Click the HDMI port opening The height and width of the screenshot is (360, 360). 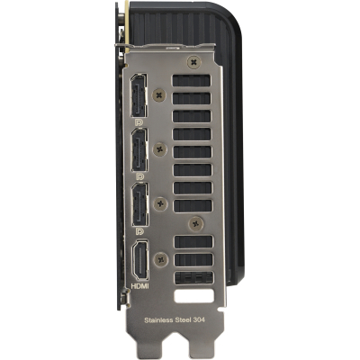pos(140,260)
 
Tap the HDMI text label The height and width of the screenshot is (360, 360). pos(139,286)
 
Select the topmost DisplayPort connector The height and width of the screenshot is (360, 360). pos(139,95)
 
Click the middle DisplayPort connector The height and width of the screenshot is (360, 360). pos(139,149)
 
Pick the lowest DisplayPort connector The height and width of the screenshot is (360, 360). pos(139,204)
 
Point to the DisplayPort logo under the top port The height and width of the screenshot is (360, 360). pos(139,121)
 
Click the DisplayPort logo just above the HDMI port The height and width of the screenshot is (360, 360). pos(139,230)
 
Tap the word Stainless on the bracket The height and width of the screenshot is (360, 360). pos(157,320)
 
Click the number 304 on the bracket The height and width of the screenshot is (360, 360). pos(199,319)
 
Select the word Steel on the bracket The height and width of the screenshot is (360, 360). pos(181,319)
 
